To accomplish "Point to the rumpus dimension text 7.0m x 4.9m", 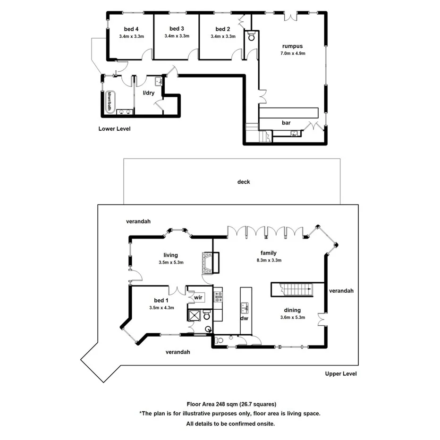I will pyautogui.click(x=293, y=53).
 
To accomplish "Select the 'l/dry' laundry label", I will pyautogui.click(x=149, y=93).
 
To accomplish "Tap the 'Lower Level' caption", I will pyautogui.click(x=114, y=128).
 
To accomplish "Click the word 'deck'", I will pyautogui.click(x=244, y=182).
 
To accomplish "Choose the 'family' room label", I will pyautogui.click(x=269, y=253).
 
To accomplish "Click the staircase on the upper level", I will pyautogui.click(x=290, y=289).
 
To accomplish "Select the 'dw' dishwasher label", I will pyautogui.click(x=245, y=318).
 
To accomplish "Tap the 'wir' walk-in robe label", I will pyautogui.click(x=198, y=297).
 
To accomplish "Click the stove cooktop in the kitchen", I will pyautogui.click(x=219, y=296).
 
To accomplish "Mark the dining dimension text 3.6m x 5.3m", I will pyautogui.click(x=293, y=318).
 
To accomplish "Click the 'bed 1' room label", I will pyautogui.click(x=161, y=300).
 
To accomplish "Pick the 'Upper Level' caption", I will pyautogui.click(x=341, y=373).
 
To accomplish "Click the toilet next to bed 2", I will pyautogui.click(x=251, y=36).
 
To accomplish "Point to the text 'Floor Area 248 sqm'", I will pyautogui.click(x=212, y=404).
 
